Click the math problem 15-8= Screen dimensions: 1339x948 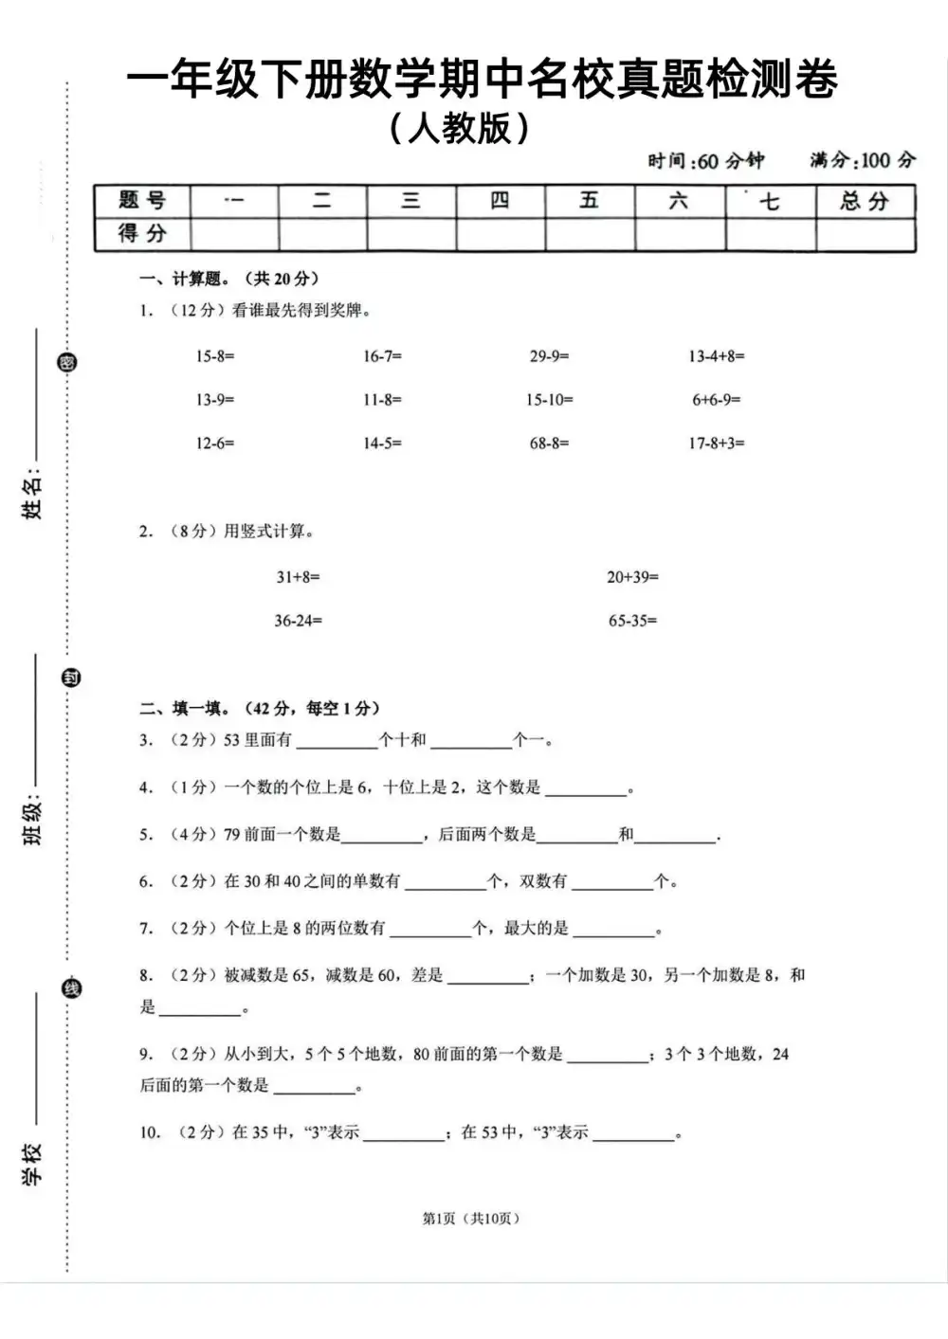[x=215, y=356]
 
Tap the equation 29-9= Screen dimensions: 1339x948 [x=549, y=356]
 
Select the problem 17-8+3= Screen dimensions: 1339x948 [x=716, y=443]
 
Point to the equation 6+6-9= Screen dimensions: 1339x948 [x=716, y=400]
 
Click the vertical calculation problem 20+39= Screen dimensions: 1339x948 [x=632, y=577]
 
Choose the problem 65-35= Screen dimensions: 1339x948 [x=632, y=622]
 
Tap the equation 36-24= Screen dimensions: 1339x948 [x=298, y=622]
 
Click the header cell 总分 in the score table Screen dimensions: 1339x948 [x=865, y=201]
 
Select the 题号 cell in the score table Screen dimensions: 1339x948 [x=142, y=201]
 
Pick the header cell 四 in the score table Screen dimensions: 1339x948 [x=500, y=201]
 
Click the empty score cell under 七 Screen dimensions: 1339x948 [x=771, y=234]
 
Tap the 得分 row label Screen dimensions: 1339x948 [x=142, y=234]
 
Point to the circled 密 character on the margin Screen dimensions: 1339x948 [x=67, y=363]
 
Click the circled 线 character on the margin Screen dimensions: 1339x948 [x=71, y=988]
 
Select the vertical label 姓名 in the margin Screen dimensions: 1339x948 [x=33, y=496]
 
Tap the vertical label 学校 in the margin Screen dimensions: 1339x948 [x=33, y=1164]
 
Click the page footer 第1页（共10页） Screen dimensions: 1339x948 [x=471, y=1219]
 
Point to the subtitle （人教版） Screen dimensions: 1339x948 [x=459, y=128]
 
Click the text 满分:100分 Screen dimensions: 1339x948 [x=863, y=160]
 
